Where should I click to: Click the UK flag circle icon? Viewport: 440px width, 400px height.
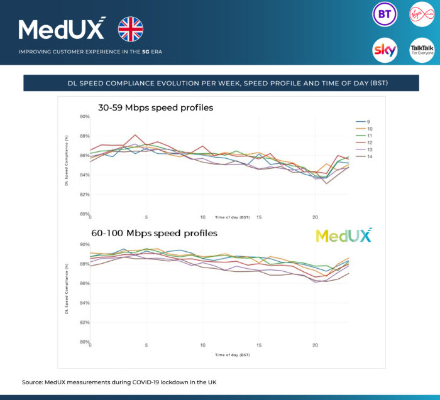click(x=131, y=29)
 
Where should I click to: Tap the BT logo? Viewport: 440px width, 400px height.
click(x=384, y=14)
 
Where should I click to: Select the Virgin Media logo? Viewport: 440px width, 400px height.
click(x=421, y=14)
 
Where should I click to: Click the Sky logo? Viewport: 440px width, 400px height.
click(x=384, y=50)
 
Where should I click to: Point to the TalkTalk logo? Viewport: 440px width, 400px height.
click(x=421, y=50)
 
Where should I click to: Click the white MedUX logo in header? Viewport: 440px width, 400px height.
click(x=62, y=29)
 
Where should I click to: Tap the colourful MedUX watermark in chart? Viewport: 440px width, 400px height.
click(x=343, y=235)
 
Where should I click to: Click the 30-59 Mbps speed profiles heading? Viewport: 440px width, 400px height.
click(x=155, y=107)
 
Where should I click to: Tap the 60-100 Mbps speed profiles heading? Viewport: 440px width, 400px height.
click(x=154, y=233)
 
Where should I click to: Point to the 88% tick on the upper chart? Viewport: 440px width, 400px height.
click(x=84, y=136)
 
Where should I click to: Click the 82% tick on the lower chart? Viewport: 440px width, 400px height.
click(x=84, y=323)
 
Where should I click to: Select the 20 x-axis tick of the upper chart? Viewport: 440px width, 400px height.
click(x=315, y=217)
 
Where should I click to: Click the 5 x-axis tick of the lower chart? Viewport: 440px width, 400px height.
click(x=146, y=345)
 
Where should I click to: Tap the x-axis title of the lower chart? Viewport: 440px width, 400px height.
click(x=233, y=355)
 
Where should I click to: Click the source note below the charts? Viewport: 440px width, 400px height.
click(x=119, y=382)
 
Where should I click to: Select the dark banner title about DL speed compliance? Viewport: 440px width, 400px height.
click(x=221, y=83)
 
